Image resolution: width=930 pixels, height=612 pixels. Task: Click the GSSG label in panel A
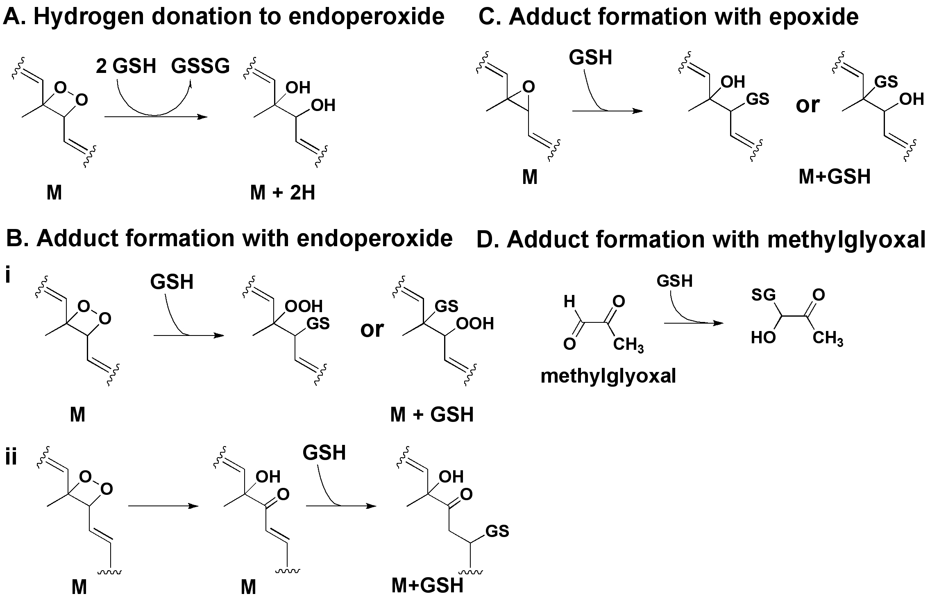point(200,66)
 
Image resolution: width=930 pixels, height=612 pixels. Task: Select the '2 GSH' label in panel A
point(126,66)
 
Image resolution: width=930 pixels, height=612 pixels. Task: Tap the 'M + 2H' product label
point(282,192)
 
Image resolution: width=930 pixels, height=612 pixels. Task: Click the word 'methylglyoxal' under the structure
point(608,376)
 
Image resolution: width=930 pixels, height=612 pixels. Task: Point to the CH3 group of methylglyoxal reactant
point(628,345)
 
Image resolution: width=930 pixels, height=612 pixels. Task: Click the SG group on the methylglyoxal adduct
point(763,295)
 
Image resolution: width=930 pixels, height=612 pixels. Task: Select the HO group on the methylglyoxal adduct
point(763,338)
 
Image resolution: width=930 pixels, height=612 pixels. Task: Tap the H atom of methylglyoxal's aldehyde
point(569,302)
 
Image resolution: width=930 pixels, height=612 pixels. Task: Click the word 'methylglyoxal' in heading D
point(846,240)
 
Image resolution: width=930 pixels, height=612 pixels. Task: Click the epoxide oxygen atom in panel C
point(529,87)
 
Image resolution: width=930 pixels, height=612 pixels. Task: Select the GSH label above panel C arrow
point(590,57)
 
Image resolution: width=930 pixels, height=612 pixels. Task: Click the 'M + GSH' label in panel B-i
point(432,415)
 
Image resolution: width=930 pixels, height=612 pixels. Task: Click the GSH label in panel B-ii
point(324,453)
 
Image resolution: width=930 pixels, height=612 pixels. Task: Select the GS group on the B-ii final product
point(497,531)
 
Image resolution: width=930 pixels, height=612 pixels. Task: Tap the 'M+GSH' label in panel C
point(835,177)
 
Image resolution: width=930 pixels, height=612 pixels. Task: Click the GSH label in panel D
point(674,281)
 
